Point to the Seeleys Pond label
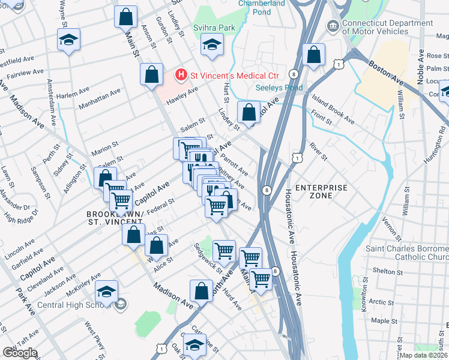pos(279,88)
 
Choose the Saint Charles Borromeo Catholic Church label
pos(406,253)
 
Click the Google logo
pos(20,352)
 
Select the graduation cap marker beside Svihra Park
pos(211,45)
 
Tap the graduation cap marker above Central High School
pos(106,292)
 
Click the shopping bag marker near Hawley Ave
pos(152,75)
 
